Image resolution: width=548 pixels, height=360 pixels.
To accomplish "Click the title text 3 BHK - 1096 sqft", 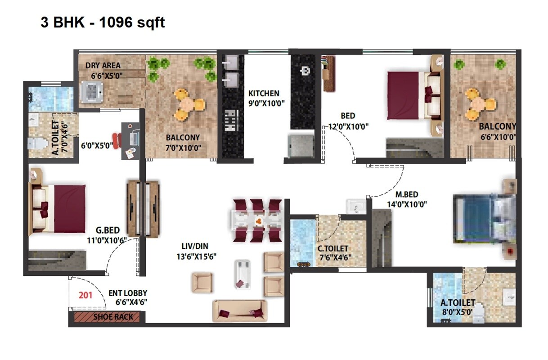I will (103, 22).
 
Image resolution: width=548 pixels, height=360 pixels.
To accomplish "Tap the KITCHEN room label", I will (264, 94).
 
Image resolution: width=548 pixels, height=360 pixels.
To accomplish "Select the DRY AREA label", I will (103, 66).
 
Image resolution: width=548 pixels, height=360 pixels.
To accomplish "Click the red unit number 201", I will (85, 296).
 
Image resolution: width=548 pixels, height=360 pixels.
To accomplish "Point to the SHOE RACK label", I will (113, 317).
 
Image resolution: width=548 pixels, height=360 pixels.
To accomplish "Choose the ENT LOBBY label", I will (128, 293).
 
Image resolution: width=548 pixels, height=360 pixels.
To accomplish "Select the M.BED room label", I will (406, 195).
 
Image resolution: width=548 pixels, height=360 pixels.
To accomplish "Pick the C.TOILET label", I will (333, 248).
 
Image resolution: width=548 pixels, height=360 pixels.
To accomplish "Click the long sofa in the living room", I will (240, 310).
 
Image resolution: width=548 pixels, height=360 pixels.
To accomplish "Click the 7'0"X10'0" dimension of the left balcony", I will (183, 147).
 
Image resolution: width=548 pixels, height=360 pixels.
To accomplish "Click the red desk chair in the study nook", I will (117, 141).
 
